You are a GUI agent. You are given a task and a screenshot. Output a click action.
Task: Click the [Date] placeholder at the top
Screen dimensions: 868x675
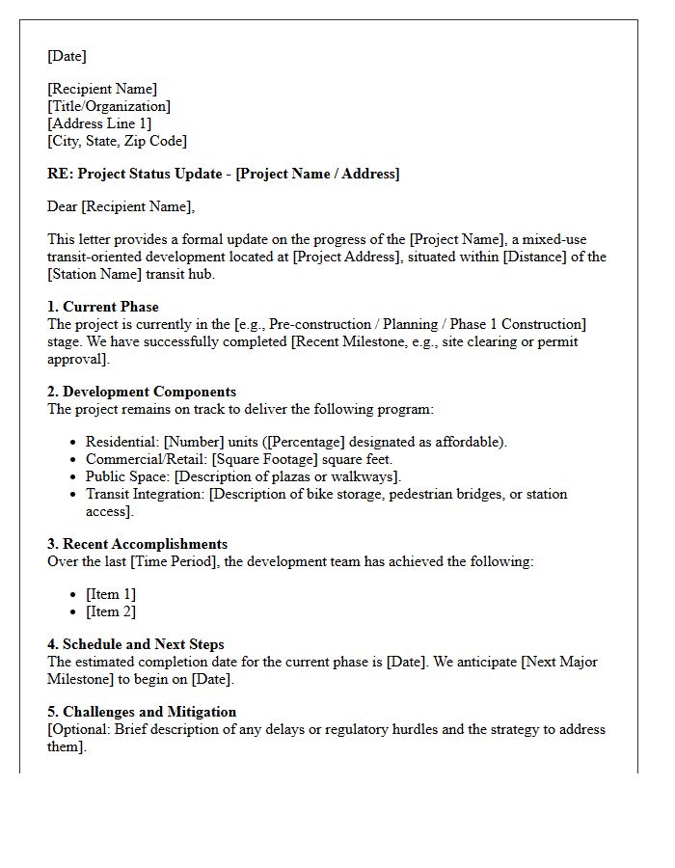click(67, 56)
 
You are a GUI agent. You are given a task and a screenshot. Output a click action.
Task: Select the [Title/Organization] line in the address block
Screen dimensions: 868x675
click(109, 106)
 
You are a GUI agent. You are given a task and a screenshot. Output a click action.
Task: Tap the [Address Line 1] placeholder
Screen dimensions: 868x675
click(99, 123)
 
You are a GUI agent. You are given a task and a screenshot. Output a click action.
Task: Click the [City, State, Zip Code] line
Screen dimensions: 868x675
click(117, 141)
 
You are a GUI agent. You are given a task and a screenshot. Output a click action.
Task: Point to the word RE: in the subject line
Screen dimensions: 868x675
click(60, 174)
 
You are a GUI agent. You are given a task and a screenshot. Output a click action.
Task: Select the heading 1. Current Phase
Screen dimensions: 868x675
click(103, 307)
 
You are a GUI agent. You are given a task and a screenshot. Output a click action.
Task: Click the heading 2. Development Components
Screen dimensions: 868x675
click(141, 392)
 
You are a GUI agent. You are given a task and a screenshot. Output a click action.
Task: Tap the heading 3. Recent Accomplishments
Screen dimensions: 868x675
click(137, 544)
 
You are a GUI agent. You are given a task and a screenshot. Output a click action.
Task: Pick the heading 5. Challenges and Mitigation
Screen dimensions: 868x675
click(142, 712)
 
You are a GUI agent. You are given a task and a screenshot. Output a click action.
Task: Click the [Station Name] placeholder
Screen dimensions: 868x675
click(93, 274)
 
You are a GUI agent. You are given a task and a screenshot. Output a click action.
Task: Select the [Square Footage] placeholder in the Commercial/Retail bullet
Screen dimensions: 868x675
click(259, 459)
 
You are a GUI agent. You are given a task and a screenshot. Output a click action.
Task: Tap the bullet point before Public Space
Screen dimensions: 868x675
click(74, 477)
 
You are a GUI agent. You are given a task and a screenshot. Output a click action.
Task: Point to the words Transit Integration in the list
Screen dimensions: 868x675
click(145, 494)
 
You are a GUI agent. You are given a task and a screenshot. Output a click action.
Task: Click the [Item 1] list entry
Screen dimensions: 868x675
click(110, 594)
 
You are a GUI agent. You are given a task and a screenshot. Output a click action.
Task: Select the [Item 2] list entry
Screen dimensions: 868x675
click(110, 611)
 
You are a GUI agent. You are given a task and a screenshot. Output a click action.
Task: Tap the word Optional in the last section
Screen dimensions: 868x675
click(80, 729)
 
